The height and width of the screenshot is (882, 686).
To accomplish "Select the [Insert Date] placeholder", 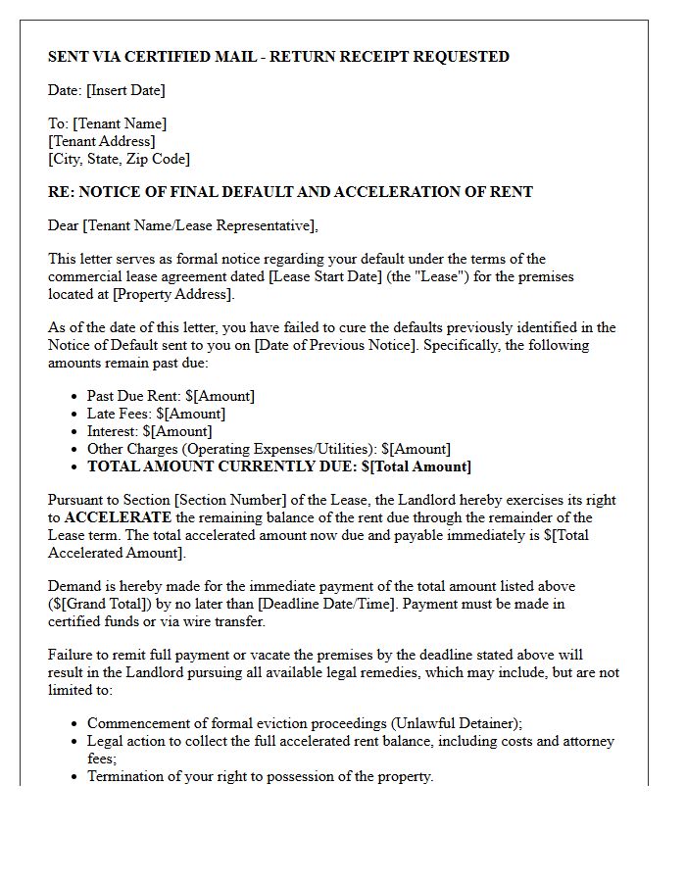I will (125, 90).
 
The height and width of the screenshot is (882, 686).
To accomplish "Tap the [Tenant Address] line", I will (101, 141).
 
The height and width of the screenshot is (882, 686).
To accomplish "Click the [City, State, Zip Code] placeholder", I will (119, 159).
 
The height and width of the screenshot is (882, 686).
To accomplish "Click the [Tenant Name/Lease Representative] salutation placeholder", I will (200, 225).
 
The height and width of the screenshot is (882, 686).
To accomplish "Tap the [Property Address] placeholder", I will (173, 294).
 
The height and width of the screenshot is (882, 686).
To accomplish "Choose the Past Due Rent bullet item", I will (171, 396).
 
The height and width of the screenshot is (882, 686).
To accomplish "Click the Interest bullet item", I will (149, 431).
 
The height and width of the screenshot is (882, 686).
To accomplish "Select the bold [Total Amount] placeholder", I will (420, 466).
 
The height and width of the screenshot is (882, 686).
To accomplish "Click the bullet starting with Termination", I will (260, 776).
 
